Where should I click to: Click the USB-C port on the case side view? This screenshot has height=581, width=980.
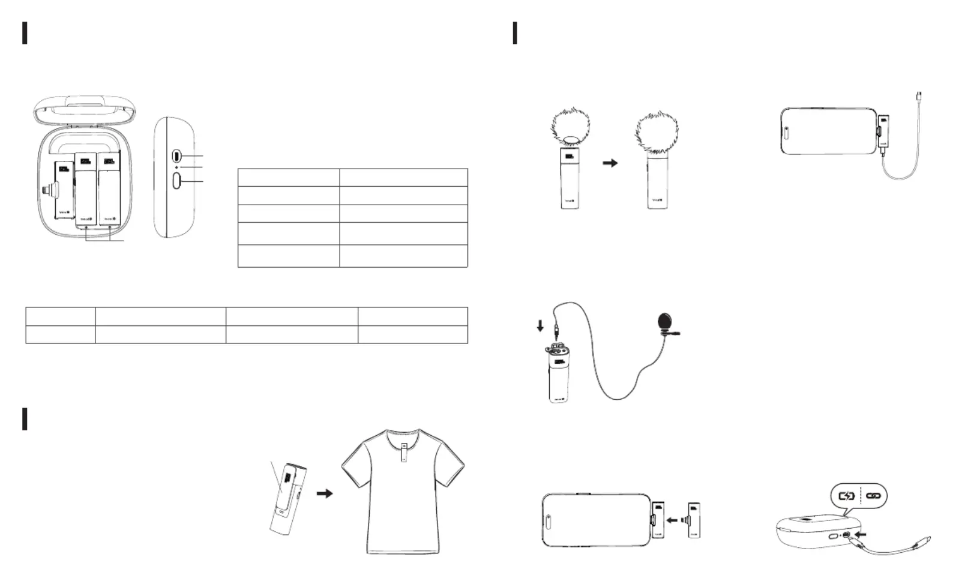(176, 155)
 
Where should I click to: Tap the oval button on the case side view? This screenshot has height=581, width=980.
(176, 180)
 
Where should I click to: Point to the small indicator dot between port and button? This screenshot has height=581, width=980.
(176, 167)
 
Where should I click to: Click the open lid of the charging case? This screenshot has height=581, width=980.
(85, 107)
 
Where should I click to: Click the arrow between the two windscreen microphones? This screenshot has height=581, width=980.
(610, 163)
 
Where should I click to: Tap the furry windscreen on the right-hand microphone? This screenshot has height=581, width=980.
(657, 133)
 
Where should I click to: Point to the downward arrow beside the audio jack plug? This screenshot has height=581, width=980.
(540, 325)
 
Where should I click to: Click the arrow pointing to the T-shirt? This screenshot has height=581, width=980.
(325, 493)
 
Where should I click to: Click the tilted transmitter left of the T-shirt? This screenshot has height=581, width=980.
(288, 498)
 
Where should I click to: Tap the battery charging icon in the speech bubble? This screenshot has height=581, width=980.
(846, 496)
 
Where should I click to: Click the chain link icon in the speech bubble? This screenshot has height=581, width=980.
(873, 496)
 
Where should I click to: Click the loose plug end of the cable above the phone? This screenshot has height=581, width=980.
(919, 96)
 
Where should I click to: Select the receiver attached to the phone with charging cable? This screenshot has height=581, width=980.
(883, 131)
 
